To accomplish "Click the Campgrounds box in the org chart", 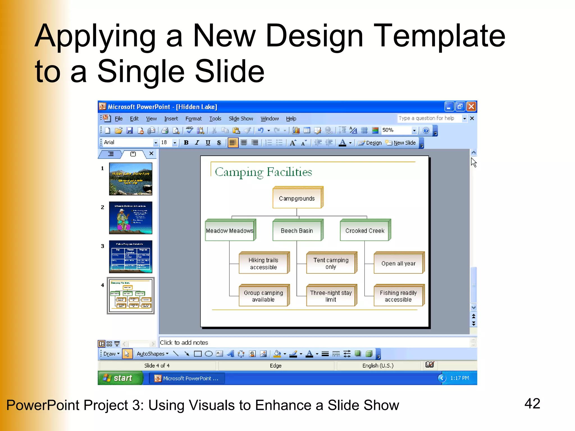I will click(297, 198).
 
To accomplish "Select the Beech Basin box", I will click(297, 231).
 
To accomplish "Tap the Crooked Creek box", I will click(365, 231).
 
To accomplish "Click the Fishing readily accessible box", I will click(398, 296).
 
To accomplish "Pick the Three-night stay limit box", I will click(331, 296).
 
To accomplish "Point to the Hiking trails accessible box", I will click(263, 263).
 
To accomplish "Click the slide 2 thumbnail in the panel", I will click(131, 218).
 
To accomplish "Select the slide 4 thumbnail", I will click(131, 295).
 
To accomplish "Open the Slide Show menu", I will click(241, 119).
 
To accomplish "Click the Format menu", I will click(193, 119).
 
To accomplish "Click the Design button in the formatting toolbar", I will click(370, 143).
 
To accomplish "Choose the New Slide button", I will click(401, 143).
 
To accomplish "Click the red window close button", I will click(471, 107).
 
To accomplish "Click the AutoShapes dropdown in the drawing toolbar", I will click(152, 354).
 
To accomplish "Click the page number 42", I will click(532, 404).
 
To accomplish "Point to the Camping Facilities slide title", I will click(263, 172).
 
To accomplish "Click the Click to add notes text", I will click(184, 343).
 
